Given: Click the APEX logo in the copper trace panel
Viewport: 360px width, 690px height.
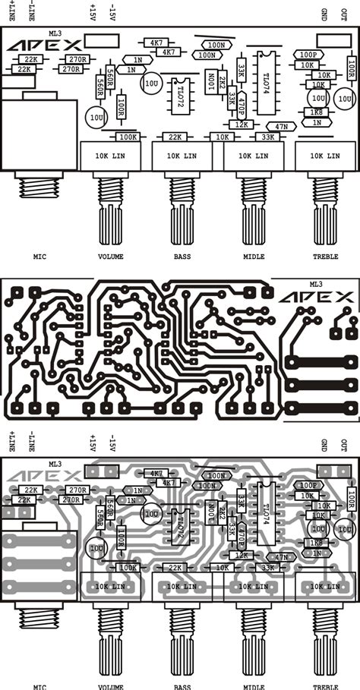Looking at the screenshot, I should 316,297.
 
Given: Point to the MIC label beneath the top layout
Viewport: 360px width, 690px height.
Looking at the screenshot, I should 40,257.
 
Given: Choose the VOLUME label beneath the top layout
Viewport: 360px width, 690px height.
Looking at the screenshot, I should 110,257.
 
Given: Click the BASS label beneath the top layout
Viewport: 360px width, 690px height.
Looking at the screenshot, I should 182,257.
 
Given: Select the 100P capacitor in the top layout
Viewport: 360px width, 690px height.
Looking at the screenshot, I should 308,55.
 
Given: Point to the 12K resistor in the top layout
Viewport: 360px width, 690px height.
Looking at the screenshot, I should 242,124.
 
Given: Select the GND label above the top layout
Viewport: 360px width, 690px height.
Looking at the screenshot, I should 324,13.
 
